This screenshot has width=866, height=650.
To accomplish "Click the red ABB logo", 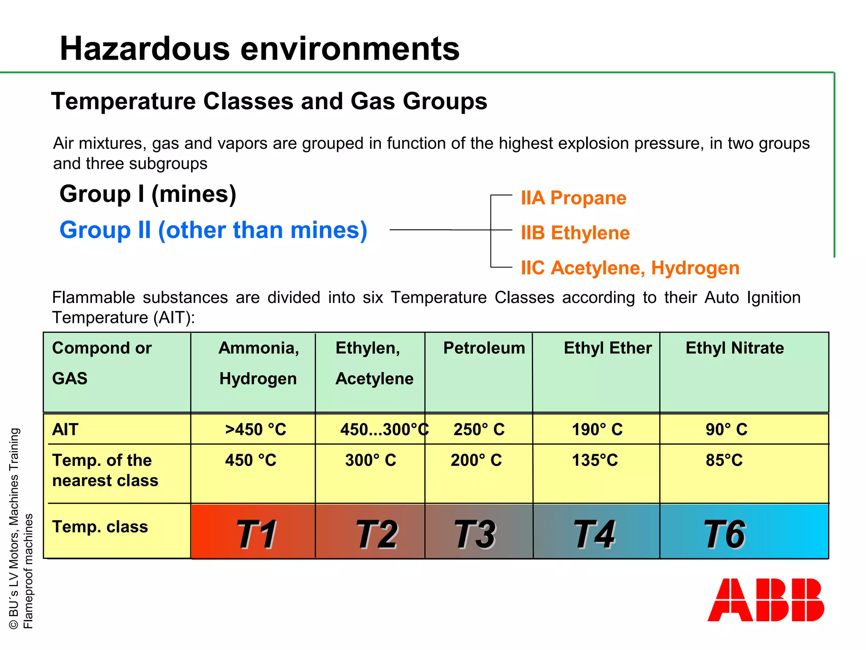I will point(765,600).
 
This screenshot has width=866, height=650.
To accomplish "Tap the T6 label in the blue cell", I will point(724,534).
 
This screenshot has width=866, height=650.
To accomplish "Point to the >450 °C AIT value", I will point(255,430).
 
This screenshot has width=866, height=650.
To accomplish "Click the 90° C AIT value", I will point(726,430).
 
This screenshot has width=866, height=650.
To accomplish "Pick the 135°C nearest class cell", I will point(595,460).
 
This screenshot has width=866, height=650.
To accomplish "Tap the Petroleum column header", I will point(484,348).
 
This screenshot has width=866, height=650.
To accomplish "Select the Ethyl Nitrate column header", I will point(734,348).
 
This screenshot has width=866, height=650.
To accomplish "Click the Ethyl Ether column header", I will point(607,348).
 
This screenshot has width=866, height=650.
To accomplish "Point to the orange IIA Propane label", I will point(573,198).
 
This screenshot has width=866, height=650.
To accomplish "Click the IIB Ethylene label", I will point(575,233).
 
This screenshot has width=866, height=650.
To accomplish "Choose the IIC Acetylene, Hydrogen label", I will point(630,268).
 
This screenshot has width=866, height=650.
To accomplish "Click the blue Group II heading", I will point(213,230).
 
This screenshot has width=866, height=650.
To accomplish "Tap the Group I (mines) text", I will point(148,194).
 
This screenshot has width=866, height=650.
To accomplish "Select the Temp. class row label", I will point(100,527).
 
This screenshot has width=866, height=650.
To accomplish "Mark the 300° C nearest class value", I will point(370,460).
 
